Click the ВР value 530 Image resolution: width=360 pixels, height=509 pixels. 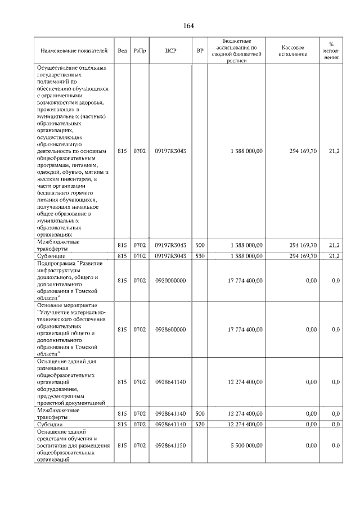tap(200, 256)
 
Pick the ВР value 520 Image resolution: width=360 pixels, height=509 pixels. tap(200, 425)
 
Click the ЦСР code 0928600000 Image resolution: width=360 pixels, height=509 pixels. tap(170, 330)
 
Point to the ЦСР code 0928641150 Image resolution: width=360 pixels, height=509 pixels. tap(170, 445)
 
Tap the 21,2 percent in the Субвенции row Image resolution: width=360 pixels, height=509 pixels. tap(334, 256)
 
